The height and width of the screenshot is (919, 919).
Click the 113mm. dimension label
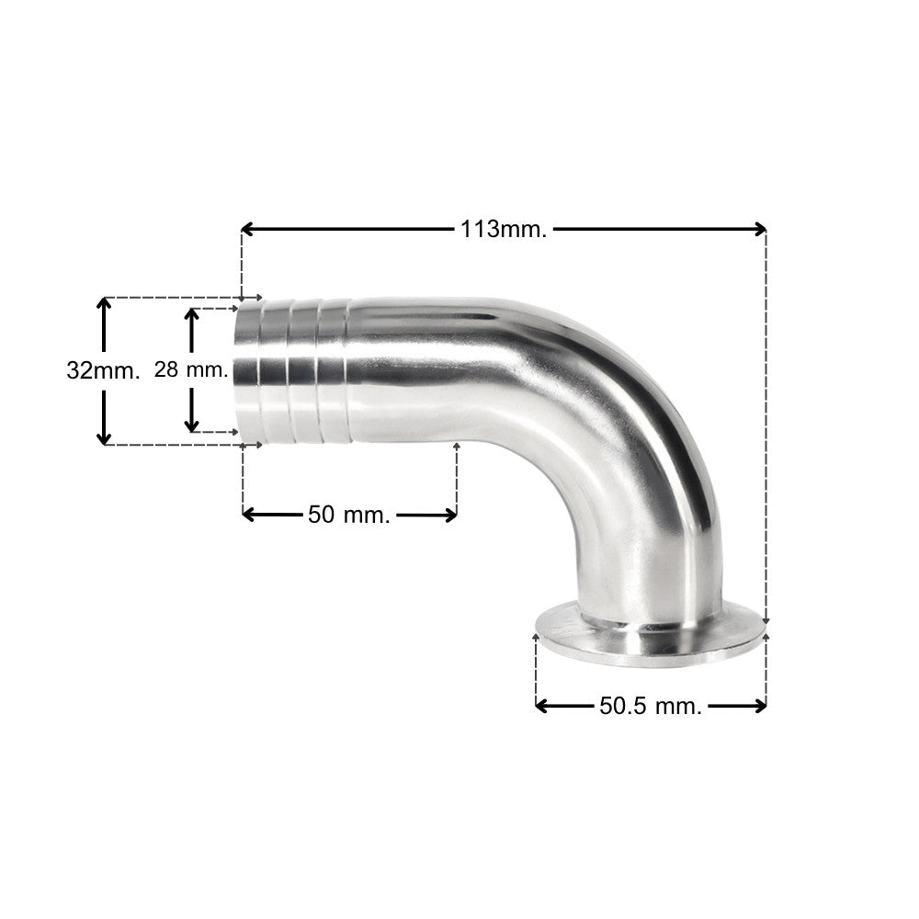(504, 229)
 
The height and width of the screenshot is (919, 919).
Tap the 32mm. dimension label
(103, 370)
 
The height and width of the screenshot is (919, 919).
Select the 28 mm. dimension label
(191, 369)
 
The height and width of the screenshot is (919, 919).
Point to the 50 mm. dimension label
(348, 515)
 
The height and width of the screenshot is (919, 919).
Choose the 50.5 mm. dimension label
(651, 706)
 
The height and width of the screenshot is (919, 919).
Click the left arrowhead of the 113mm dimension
(247, 229)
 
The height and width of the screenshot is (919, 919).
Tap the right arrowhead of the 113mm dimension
(760, 229)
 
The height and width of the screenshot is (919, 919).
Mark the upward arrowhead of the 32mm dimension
(104, 305)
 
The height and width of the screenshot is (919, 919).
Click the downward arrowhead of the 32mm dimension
(104, 437)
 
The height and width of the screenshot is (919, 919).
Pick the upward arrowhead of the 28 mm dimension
(192, 315)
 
